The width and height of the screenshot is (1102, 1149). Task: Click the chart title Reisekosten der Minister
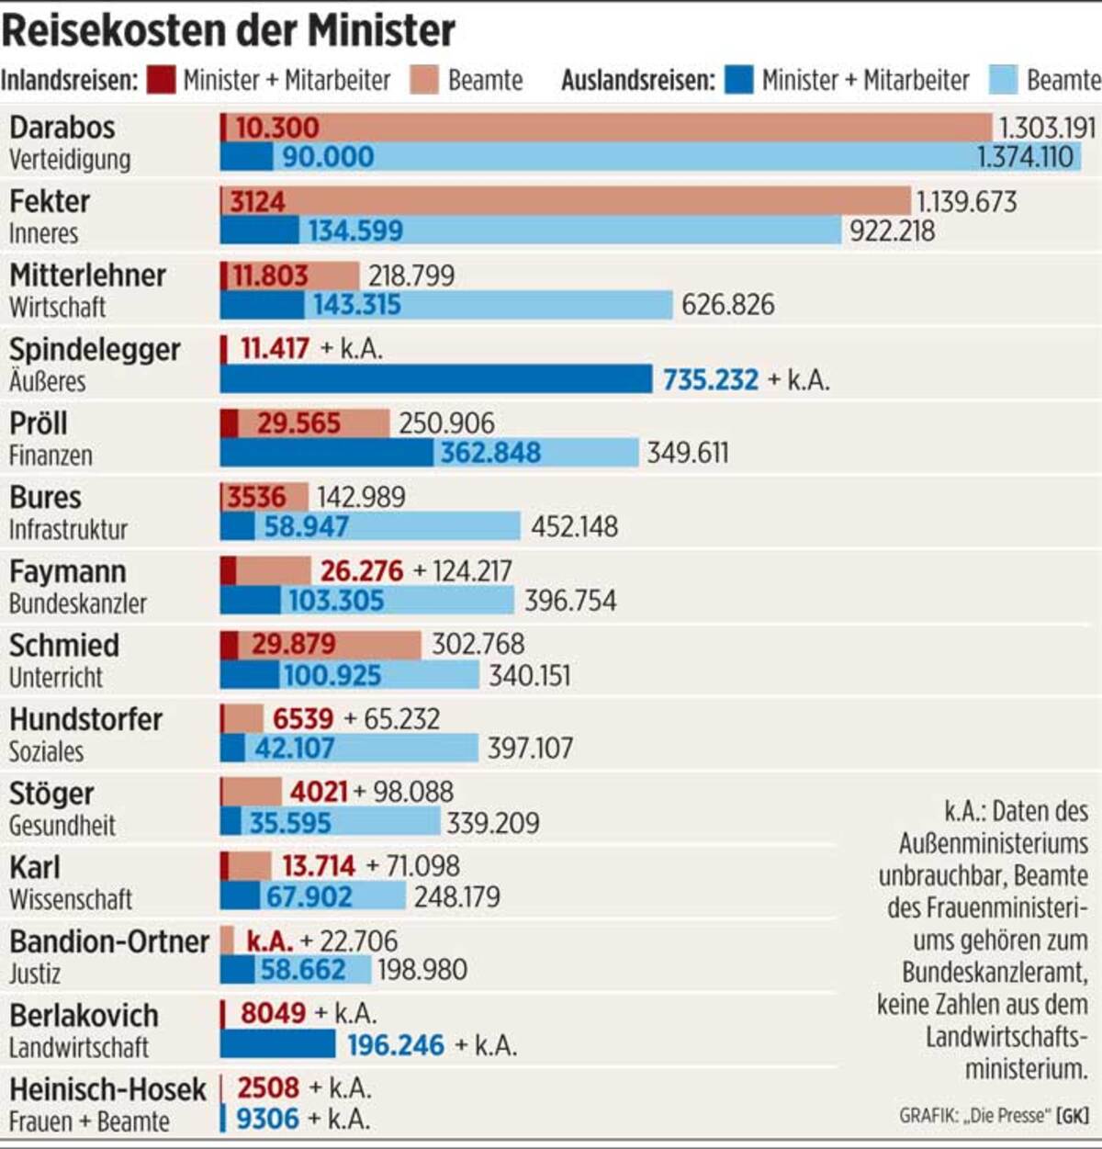coord(228,30)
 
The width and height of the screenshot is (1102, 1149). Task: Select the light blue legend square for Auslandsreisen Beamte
coord(1003,80)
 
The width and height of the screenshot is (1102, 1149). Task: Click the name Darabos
coord(62,128)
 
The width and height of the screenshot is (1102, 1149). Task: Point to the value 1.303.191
coord(1047,128)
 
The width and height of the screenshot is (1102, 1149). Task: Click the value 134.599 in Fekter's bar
coord(354,231)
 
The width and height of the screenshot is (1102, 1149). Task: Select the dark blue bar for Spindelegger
coord(435,378)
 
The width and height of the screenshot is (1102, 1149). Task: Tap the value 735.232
coord(711,379)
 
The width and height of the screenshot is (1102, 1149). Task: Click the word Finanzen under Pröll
coord(51,456)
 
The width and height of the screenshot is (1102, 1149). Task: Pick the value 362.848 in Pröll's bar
coord(490,453)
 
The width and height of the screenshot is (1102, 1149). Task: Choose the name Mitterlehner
coord(87,276)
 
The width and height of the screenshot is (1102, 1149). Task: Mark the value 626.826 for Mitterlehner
coord(727,305)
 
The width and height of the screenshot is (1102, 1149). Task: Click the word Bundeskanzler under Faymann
coord(78,603)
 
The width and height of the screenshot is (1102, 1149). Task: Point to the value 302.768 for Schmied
coord(478,644)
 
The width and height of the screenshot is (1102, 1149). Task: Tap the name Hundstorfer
coord(85,719)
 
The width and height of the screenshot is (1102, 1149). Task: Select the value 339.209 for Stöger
coord(492,823)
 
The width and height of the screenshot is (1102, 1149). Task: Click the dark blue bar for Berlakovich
coord(277,1044)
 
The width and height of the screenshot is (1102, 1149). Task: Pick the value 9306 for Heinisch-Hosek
coord(267,1119)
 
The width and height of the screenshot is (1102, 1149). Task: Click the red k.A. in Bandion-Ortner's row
coord(269,941)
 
